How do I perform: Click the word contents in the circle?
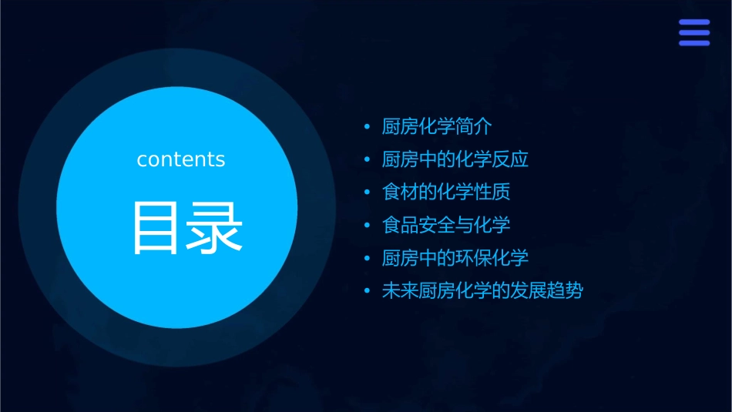click(181, 159)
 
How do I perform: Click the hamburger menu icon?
click(694, 32)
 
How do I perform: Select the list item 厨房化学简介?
click(437, 126)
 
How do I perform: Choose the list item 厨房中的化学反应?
click(455, 159)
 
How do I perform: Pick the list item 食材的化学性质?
click(446, 192)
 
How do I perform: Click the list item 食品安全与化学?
click(446, 225)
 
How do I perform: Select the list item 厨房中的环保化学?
click(455, 258)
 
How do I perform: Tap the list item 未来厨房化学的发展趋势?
click(482, 291)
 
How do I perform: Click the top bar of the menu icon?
click(694, 22)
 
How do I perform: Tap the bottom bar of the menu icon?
click(694, 43)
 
